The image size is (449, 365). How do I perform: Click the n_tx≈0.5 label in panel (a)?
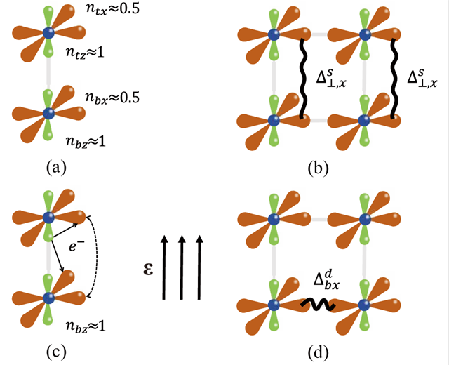[114, 13]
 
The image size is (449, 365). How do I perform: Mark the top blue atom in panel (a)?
[48, 33]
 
